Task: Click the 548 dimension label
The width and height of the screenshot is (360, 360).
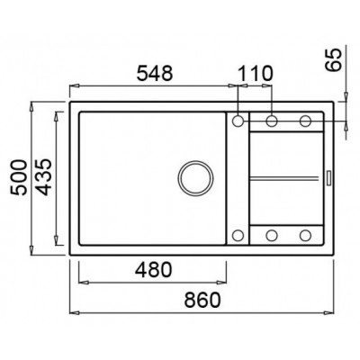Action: [155, 74]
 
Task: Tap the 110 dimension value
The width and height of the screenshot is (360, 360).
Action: [256, 74]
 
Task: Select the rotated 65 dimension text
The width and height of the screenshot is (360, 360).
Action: [334, 59]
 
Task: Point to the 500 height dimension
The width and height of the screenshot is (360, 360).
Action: [19, 178]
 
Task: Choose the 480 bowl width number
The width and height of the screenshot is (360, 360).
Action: [153, 269]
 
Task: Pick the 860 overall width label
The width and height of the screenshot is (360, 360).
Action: [202, 300]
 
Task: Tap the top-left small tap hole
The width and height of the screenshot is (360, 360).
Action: [238, 121]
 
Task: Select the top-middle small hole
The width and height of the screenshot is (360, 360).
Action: [272, 121]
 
